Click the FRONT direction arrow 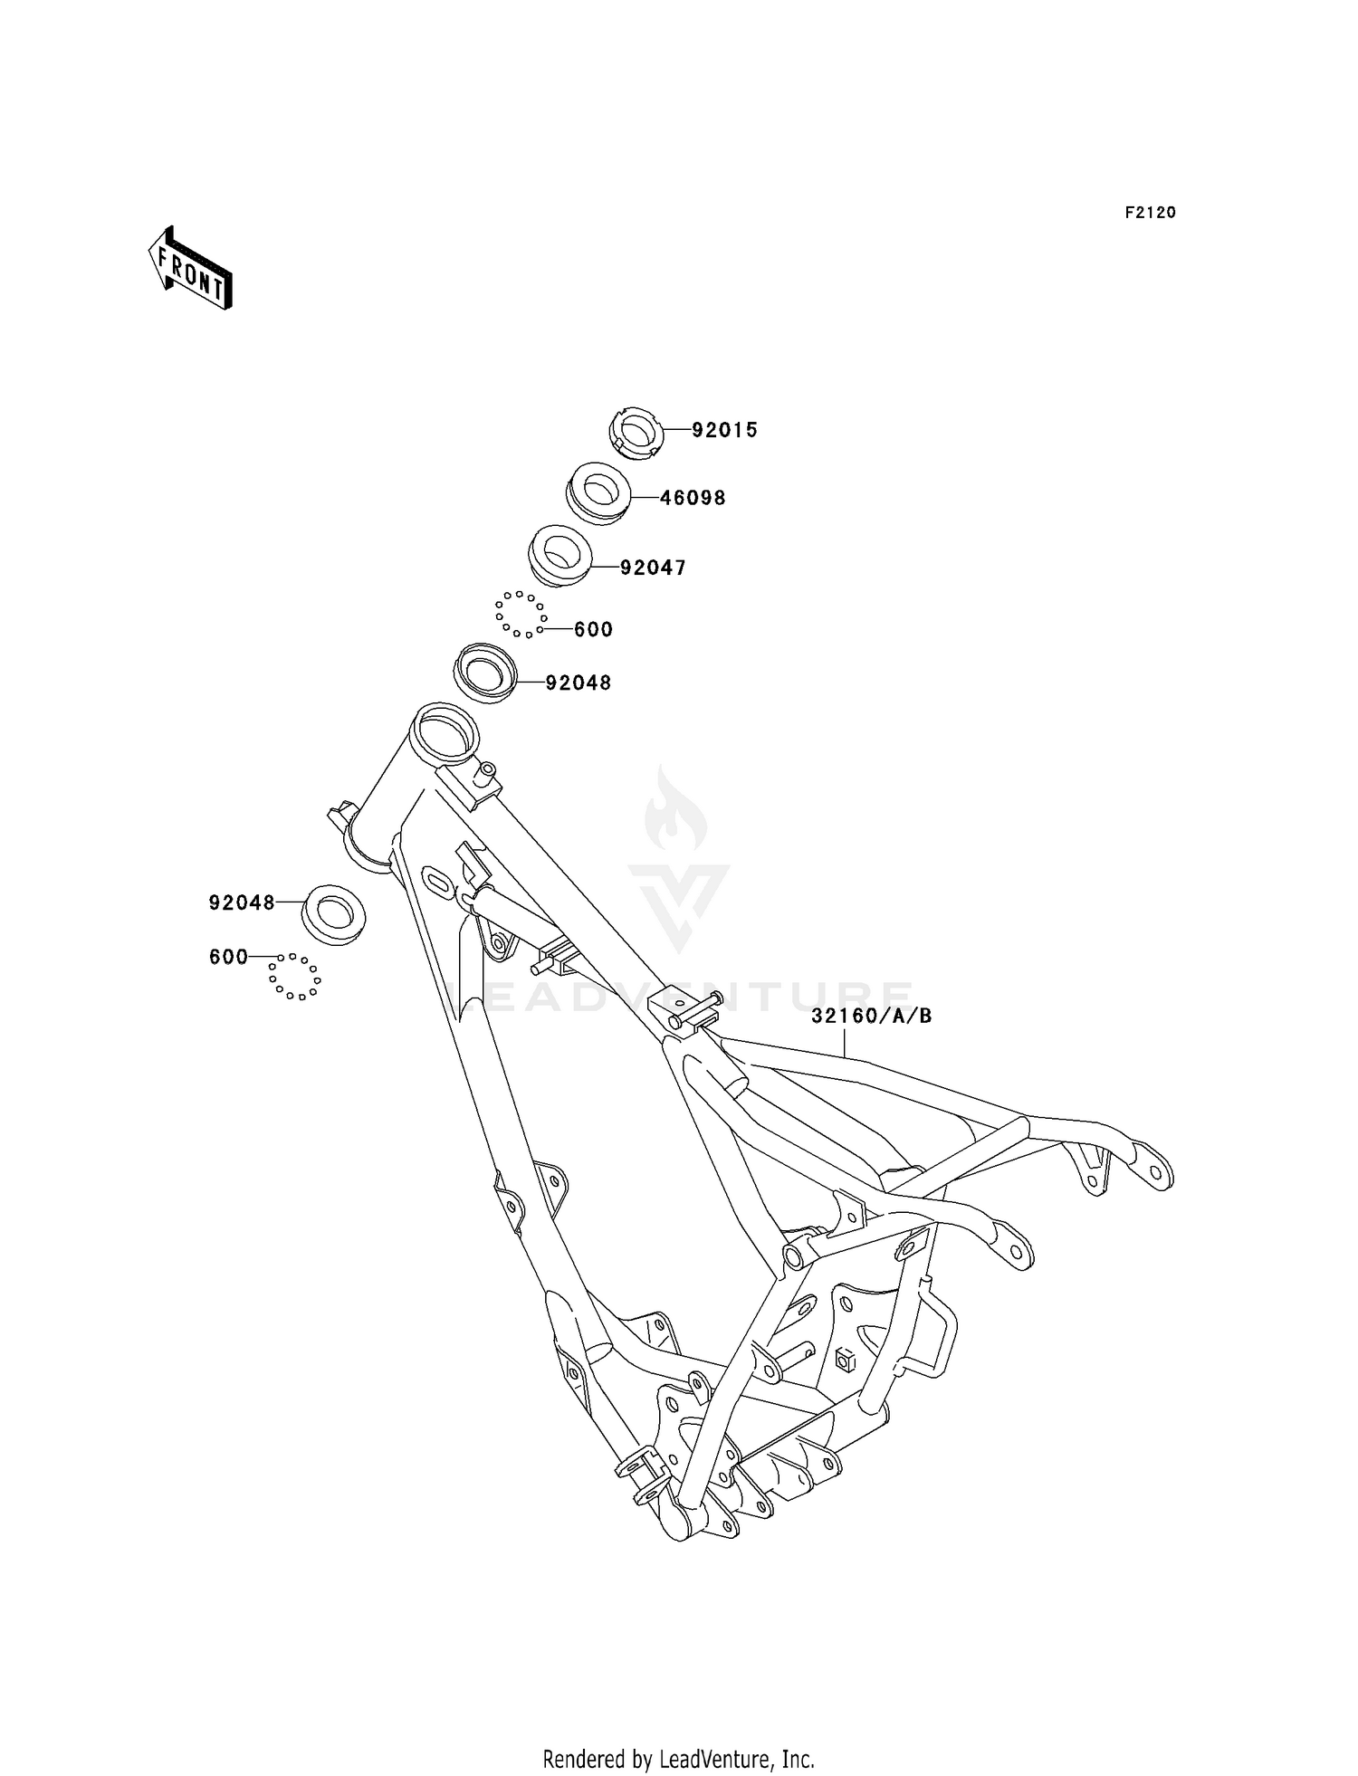click(190, 269)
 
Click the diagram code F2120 click(1150, 213)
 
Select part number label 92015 click(724, 431)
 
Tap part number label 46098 click(693, 498)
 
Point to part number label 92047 click(653, 568)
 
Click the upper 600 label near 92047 click(593, 629)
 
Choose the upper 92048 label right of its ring click(579, 683)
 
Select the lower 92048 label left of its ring click(242, 902)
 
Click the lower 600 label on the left click(228, 957)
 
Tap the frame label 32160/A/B click(871, 1016)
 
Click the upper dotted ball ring click(520, 615)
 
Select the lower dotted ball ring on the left click(294, 977)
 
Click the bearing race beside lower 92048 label click(333, 915)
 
